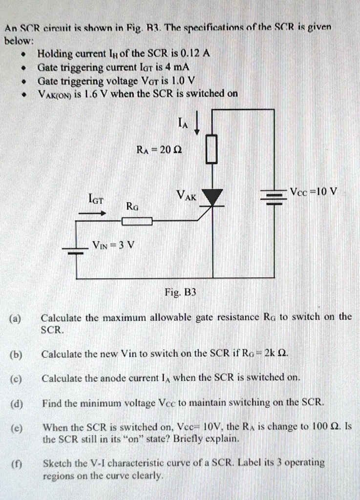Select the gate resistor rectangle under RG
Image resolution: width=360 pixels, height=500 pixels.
pos(137,222)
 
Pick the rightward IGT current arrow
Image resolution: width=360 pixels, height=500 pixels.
pos(97,213)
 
